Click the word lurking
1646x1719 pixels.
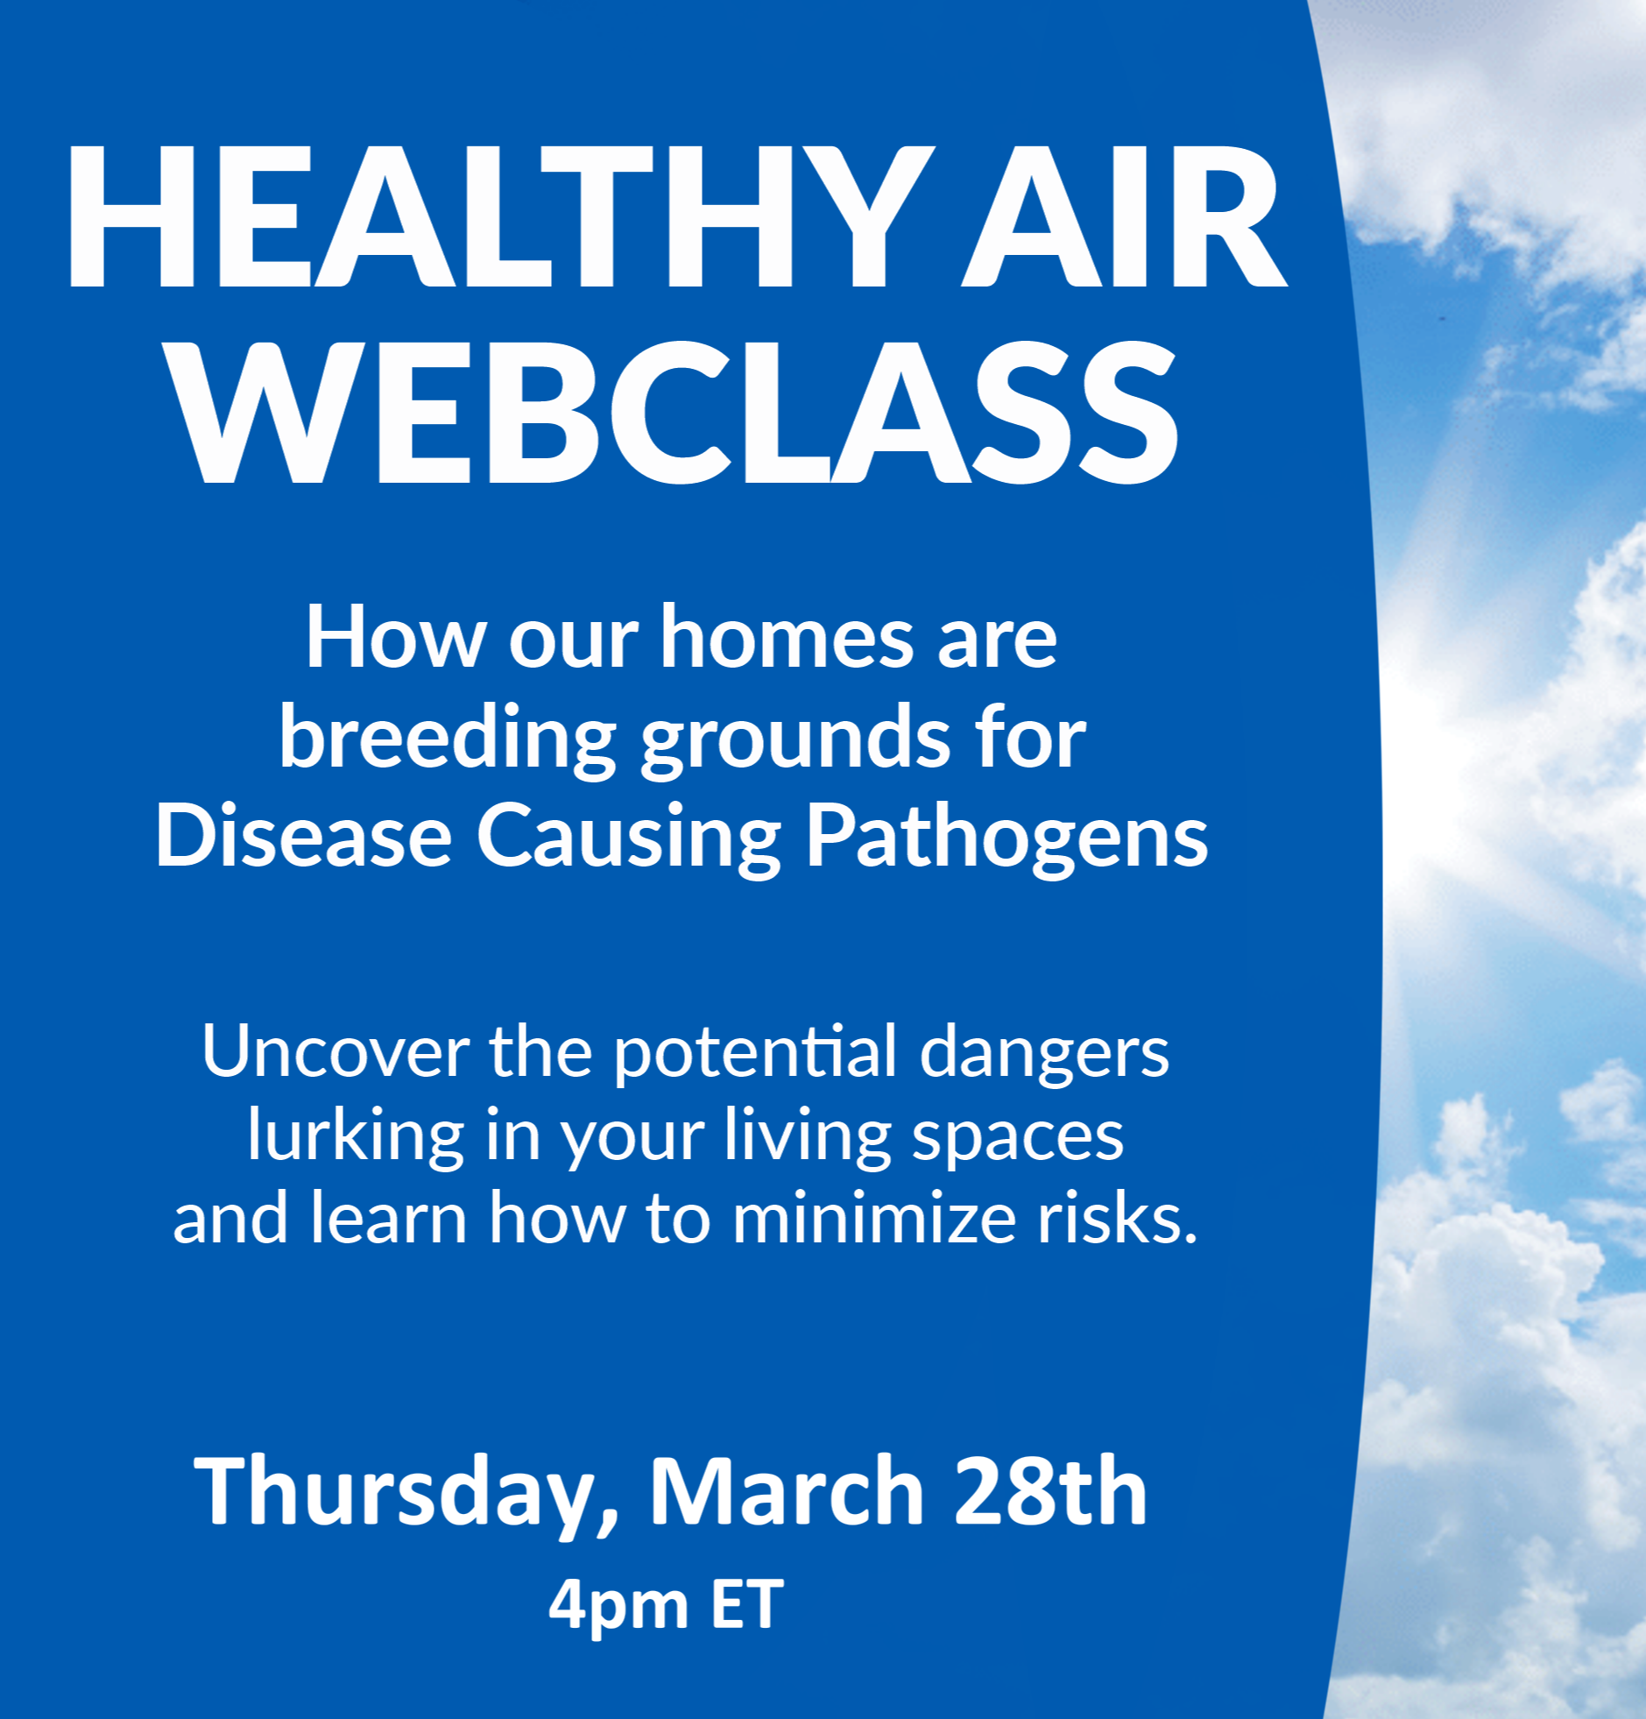[x=355, y=1137]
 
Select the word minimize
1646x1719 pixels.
[x=873, y=1220]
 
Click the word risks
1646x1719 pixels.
[x=1117, y=1220]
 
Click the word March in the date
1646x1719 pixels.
[x=787, y=1490]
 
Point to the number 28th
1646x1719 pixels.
[x=1050, y=1490]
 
